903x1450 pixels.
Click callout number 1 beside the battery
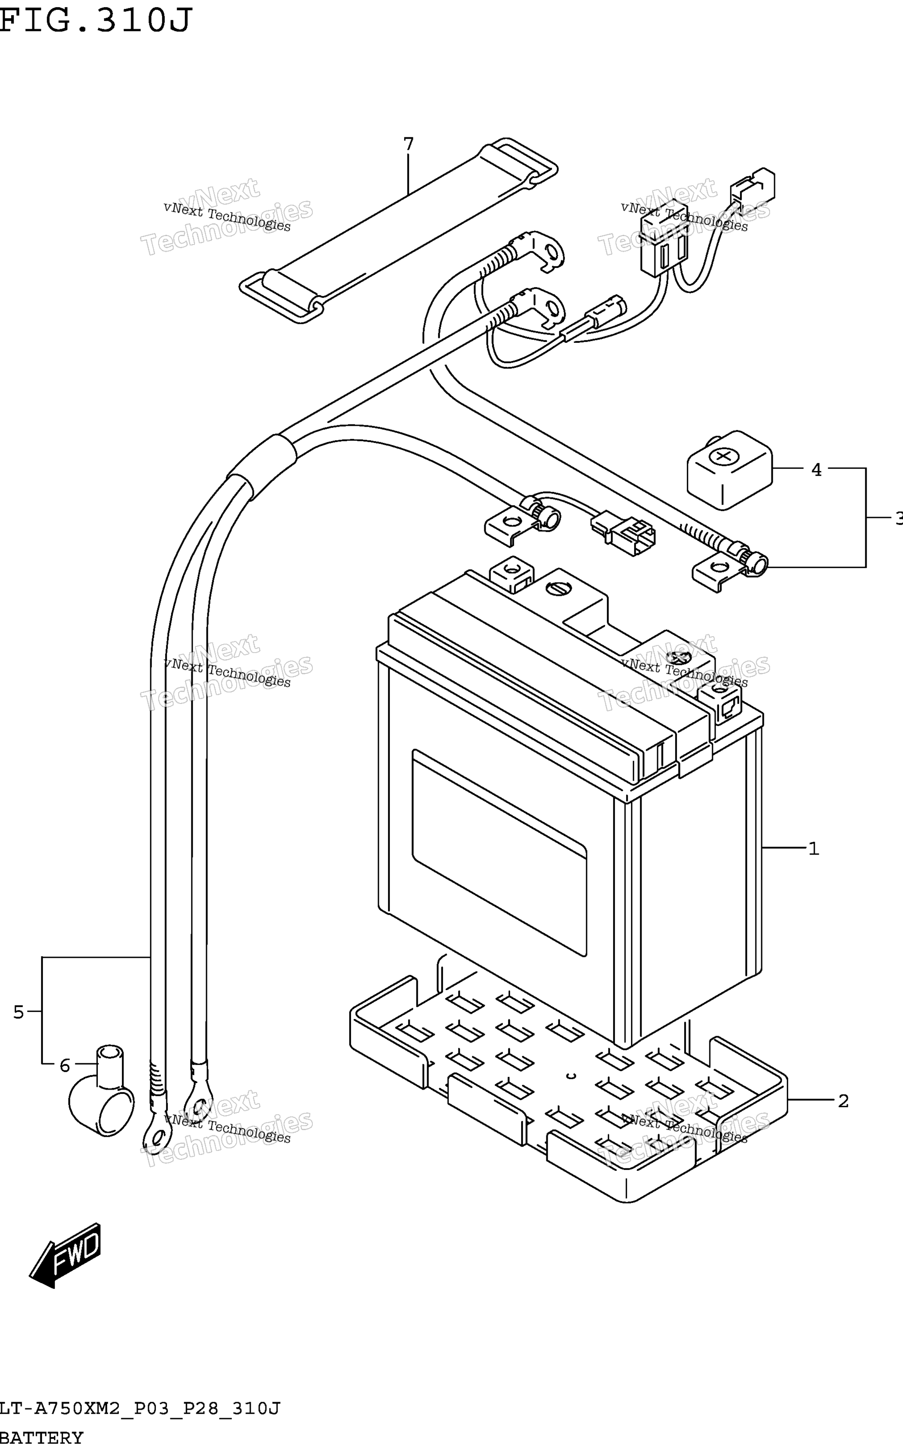point(813,848)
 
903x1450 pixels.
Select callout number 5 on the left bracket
point(19,1012)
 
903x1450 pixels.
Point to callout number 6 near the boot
point(65,1065)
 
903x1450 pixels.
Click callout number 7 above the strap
point(409,144)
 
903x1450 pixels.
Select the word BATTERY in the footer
point(42,1437)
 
